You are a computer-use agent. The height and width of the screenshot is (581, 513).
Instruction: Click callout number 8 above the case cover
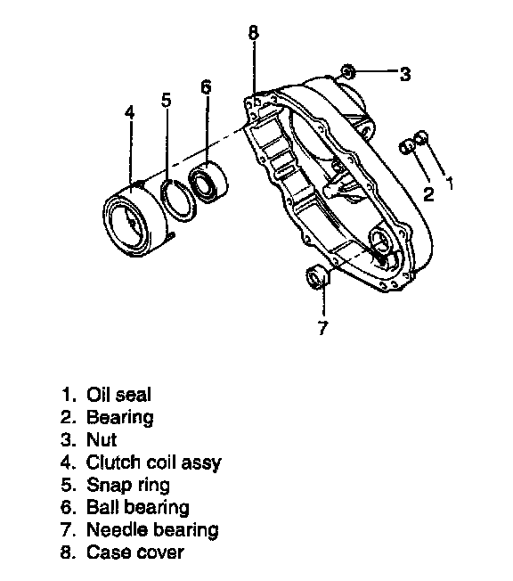point(253,32)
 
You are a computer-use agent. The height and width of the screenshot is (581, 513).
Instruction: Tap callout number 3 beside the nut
point(405,74)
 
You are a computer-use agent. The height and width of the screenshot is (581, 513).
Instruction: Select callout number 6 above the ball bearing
point(206,86)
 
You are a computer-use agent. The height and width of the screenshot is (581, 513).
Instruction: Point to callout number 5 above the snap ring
point(167,100)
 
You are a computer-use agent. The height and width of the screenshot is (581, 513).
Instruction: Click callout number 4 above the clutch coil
point(129,112)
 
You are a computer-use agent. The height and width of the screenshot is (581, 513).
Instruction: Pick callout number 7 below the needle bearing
point(323,328)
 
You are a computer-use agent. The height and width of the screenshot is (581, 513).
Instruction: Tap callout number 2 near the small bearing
point(428,194)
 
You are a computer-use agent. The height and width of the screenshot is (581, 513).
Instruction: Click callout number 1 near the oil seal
point(449,183)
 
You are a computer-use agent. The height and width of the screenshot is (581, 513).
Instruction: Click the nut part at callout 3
point(348,71)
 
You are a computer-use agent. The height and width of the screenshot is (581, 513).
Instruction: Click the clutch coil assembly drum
point(135,220)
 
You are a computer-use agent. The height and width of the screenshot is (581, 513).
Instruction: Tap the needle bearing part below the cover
point(318,277)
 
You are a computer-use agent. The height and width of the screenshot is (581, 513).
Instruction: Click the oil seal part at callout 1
point(420,138)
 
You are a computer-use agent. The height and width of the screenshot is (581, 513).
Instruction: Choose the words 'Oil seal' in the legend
point(118,394)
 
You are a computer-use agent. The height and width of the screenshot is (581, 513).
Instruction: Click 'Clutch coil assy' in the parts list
point(153,462)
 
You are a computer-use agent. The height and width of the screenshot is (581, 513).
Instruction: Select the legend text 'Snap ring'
point(127,485)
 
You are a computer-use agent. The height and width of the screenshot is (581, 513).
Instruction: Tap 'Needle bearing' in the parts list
point(152,529)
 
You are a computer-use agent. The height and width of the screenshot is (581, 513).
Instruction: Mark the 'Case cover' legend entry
point(134,552)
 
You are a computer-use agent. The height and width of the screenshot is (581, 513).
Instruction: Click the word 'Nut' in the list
point(102,440)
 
